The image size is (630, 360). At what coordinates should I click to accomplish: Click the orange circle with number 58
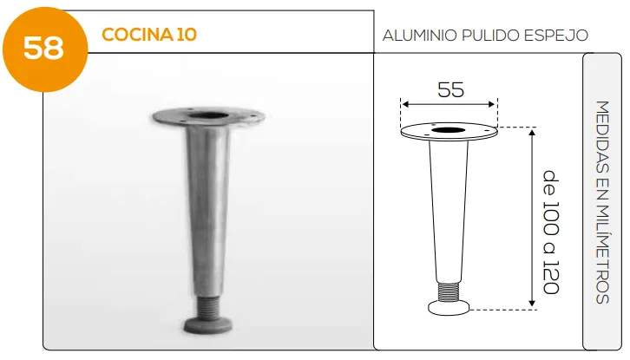point(45,49)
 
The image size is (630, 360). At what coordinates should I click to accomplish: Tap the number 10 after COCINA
point(187,35)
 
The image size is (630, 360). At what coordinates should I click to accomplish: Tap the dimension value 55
point(450,89)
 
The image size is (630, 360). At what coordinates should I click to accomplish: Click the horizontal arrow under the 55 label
point(449,104)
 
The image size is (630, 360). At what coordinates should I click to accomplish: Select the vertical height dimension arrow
point(532,219)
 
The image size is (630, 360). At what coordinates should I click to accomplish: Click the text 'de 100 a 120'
point(551,232)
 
